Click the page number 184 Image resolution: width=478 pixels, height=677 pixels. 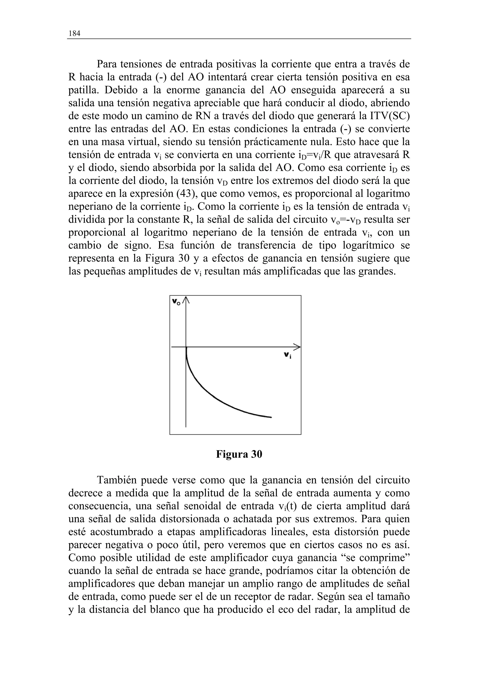pos(74,34)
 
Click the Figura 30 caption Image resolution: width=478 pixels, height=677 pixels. pos(239,454)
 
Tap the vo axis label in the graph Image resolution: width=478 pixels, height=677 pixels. pos(176,302)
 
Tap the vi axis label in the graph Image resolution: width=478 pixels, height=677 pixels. pos(288,356)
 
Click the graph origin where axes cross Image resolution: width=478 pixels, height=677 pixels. pos(186,347)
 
